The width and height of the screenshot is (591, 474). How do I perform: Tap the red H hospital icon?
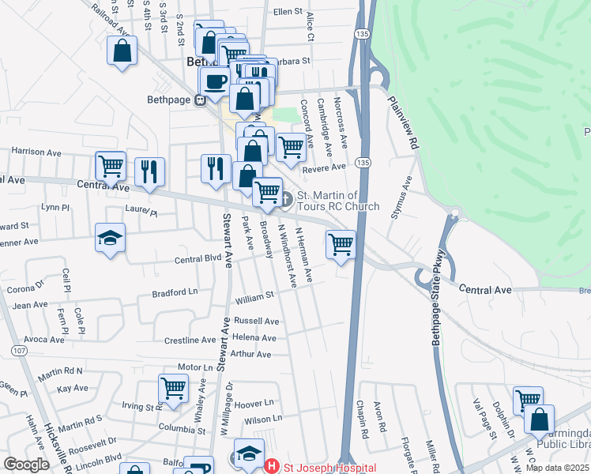271,467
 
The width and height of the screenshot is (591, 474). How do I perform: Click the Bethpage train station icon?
200,100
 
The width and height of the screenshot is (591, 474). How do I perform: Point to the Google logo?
26,465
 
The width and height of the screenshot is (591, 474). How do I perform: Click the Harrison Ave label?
36,151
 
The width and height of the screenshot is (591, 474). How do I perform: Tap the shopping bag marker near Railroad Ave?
123,51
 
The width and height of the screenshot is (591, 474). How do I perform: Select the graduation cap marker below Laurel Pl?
110,237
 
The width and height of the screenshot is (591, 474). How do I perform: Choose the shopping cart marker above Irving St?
173,388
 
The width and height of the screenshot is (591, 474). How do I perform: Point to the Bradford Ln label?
176,294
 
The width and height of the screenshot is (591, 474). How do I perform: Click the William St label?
254,298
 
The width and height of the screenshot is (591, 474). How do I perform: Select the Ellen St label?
288,13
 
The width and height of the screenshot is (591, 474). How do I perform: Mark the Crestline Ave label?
190,340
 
